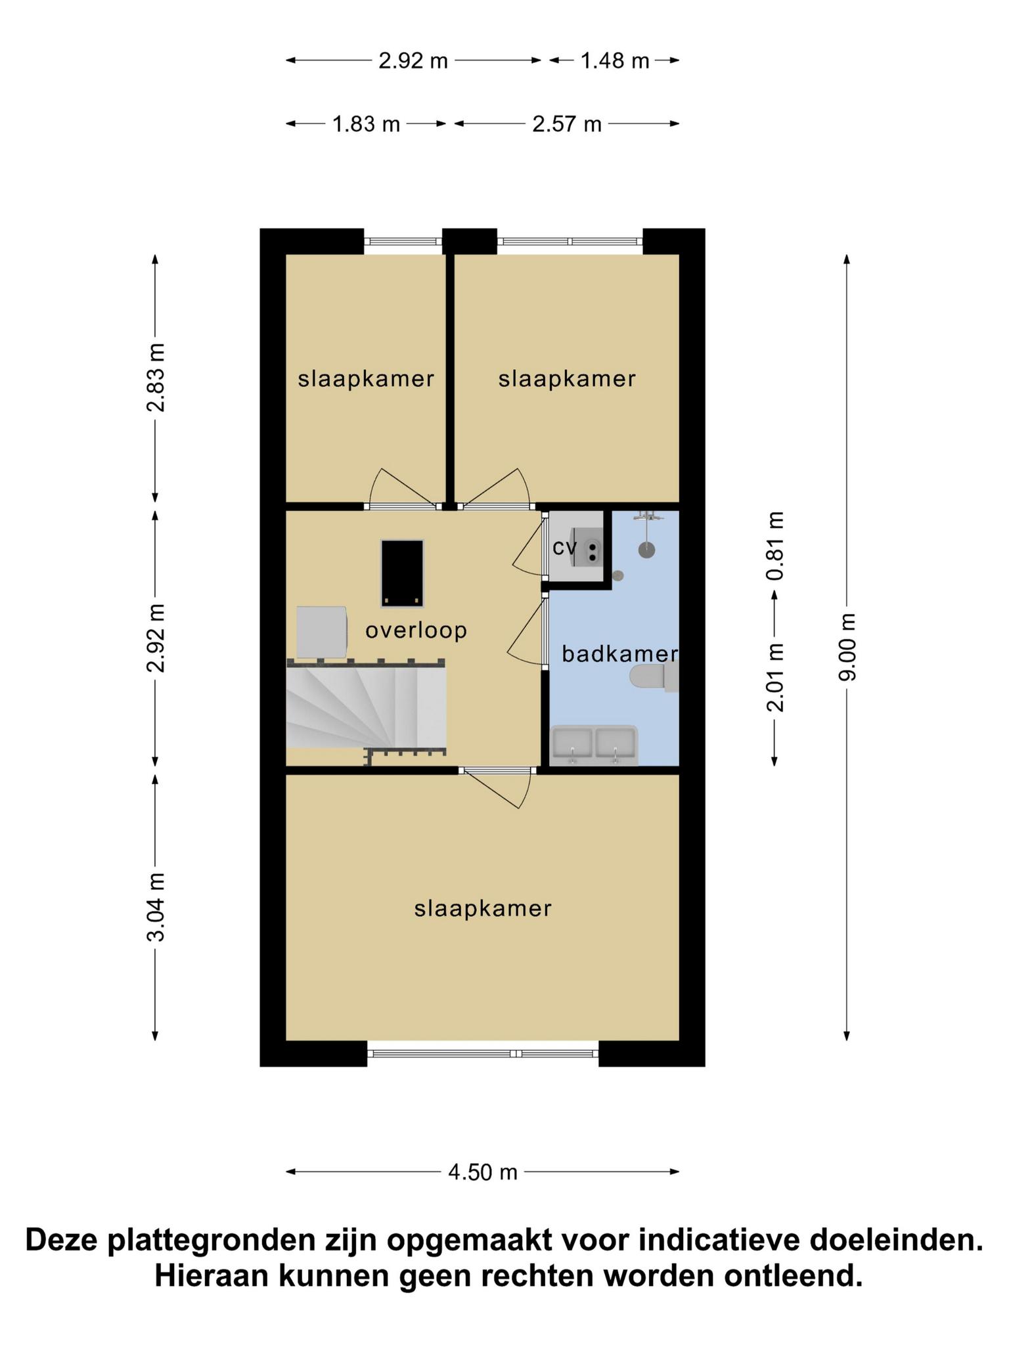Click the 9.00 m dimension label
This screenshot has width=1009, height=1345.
(x=847, y=647)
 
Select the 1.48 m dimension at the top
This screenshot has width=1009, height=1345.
(x=615, y=61)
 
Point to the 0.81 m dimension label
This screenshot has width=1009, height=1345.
(x=775, y=545)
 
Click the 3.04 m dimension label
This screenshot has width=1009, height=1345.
(x=156, y=907)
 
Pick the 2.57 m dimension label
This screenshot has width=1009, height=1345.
(x=567, y=124)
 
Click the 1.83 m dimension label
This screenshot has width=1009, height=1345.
(x=367, y=124)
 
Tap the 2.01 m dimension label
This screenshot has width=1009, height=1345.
(x=775, y=677)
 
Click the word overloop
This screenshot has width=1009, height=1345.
(x=416, y=630)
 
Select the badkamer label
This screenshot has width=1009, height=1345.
(x=620, y=653)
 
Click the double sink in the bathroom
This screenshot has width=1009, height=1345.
(x=594, y=745)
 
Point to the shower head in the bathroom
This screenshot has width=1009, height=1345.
(x=647, y=550)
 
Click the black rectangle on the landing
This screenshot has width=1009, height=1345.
(x=403, y=573)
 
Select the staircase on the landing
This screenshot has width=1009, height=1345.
(x=367, y=707)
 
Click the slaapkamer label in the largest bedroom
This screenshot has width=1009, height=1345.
(x=483, y=908)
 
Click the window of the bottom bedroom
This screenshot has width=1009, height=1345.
(x=483, y=1053)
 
